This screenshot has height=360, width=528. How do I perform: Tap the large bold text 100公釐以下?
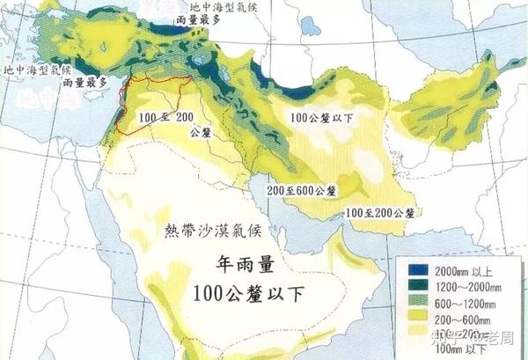coord(248,293)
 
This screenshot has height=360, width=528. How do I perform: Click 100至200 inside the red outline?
coord(165,117)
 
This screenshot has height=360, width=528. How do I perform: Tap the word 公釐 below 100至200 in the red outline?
coord(200,132)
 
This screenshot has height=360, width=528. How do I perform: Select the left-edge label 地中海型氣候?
coord(38,69)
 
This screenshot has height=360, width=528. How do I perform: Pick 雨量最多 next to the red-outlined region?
coord(84,82)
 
